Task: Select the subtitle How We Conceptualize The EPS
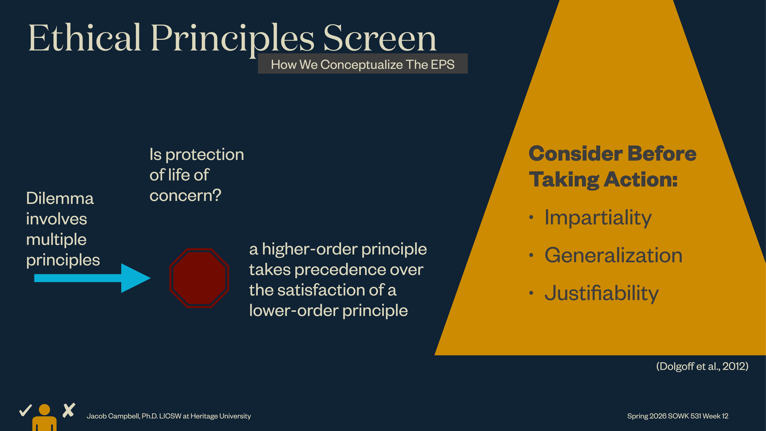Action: pyautogui.click(x=362, y=64)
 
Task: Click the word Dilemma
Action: pyautogui.click(x=60, y=198)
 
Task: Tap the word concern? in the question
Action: pyautogui.click(x=185, y=195)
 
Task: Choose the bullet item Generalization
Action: pyautogui.click(x=613, y=256)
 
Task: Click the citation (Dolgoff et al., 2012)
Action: pyautogui.click(x=702, y=366)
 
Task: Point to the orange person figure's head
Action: pyautogui.click(x=44, y=409)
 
